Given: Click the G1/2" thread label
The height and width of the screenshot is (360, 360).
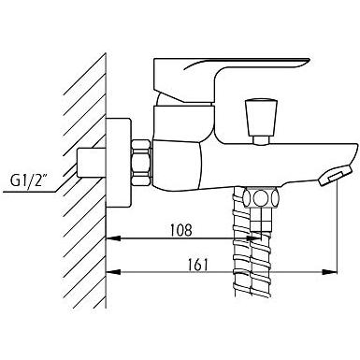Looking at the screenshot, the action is click(27, 180).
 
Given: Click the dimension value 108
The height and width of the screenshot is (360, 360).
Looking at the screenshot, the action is click(180, 230).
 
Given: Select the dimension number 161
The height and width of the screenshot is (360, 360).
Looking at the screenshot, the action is click(198, 265).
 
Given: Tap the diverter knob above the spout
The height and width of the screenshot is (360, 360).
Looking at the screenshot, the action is click(261, 117).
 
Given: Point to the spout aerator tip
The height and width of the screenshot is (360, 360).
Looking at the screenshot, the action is click(335, 176).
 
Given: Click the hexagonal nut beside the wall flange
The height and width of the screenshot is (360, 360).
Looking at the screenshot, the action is click(142, 163).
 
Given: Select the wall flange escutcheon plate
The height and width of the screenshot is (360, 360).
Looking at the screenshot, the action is click(119, 163).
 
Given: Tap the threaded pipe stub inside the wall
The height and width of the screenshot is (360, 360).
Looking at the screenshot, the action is click(92, 163).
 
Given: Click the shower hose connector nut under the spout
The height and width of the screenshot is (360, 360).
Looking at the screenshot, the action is click(260, 197).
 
